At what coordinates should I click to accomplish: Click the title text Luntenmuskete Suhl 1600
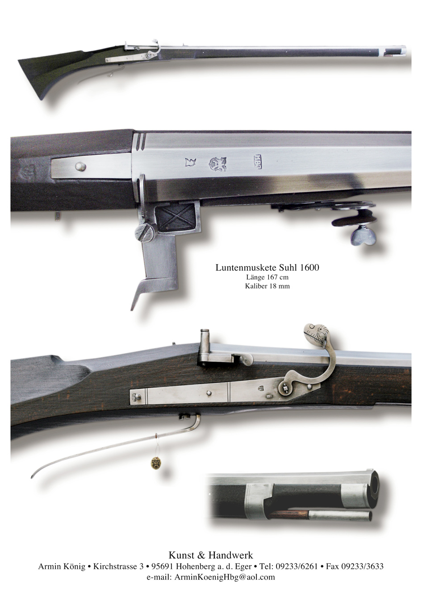pyautogui.click(x=267, y=268)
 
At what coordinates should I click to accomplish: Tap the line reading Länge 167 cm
pyautogui.click(x=267, y=277)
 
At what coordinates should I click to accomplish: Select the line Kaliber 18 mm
pyautogui.click(x=267, y=286)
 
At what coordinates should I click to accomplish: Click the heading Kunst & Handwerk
pyautogui.click(x=211, y=555)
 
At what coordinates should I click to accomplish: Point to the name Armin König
pyautogui.click(x=62, y=566)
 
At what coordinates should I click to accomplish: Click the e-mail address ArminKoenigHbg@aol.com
pyautogui.click(x=225, y=577)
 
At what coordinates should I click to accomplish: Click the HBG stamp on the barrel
pyautogui.click(x=258, y=161)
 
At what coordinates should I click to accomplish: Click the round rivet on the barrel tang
pyautogui.click(x=80, y=167)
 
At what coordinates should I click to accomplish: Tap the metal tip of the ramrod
pyautogui.click(x=340, y=515)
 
